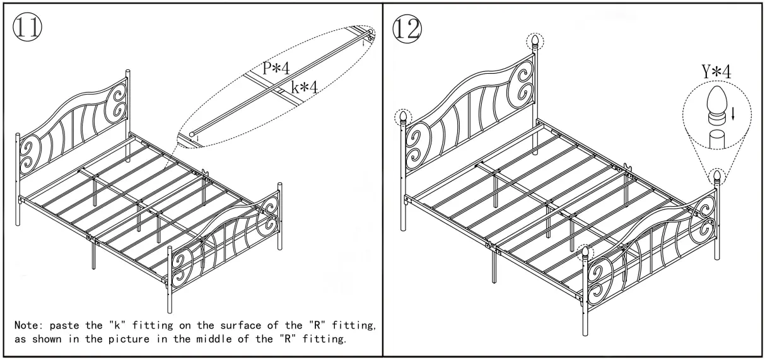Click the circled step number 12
pyautogui.click(x=407, y=27)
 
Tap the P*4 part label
pyautogui.click(x=276, y=69)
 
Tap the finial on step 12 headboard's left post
pyautogui.click(x=402, y=117)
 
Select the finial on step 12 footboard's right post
pyautogui.click(x=717, y=177)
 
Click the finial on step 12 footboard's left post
pyautogui.click(x=585, y=254)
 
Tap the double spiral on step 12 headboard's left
pyautogui.click(x=417, y=146)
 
